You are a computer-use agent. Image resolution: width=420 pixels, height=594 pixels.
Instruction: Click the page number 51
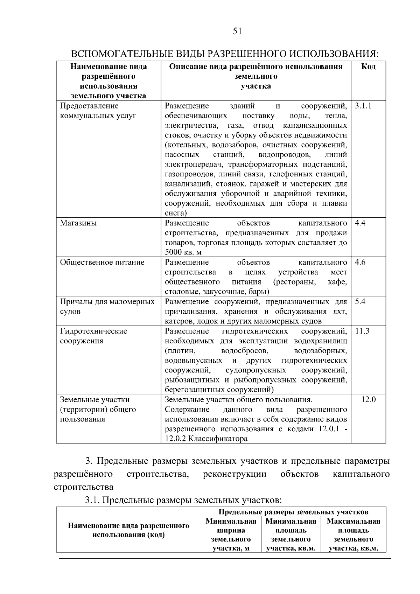(237, 32)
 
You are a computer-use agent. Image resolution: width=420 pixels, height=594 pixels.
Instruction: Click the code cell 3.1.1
(363, 106)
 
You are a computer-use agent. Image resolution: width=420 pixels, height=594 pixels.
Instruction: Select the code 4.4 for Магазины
(360, 223)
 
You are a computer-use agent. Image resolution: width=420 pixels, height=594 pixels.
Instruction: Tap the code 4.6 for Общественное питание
(360, 262)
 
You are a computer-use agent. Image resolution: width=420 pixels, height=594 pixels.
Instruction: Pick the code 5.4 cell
(360, 301)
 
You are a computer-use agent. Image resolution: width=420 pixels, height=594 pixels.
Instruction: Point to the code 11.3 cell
(362, 331)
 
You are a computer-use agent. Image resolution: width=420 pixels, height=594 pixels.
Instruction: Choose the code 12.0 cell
(368, 399)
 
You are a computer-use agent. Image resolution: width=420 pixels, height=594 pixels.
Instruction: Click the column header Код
(368, 67)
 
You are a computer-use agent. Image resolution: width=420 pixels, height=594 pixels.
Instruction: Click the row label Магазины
(78, 223)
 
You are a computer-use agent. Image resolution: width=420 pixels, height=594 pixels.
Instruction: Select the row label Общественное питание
(102, 262)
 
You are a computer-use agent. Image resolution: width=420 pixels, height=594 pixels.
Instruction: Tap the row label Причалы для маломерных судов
(107, 306)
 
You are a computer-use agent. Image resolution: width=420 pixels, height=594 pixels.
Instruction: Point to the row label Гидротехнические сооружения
(93, 336)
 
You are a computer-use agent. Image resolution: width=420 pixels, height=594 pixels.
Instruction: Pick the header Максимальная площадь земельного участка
(353, 534)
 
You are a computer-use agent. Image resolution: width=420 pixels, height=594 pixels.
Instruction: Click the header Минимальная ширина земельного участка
(231, 534)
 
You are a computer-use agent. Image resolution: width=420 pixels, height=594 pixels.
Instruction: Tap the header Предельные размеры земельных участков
(294, 512)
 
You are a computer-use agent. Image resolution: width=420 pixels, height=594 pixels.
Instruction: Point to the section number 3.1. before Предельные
(93, 499)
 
